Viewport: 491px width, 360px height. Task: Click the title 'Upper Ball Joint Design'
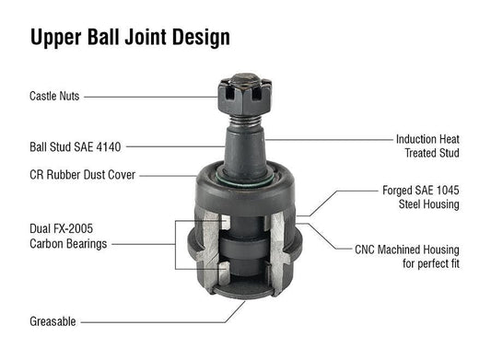click(130, 37)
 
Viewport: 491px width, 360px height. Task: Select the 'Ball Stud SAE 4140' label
click(75, 145)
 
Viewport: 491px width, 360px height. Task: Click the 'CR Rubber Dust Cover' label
click(83, 174)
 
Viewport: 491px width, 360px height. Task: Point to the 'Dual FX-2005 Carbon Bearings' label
click(70, 237)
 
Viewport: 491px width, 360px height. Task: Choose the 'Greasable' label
click(53, 321)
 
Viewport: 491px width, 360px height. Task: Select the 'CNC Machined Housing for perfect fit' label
click(406, 256)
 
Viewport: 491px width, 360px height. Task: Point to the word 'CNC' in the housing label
click(368, 250)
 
